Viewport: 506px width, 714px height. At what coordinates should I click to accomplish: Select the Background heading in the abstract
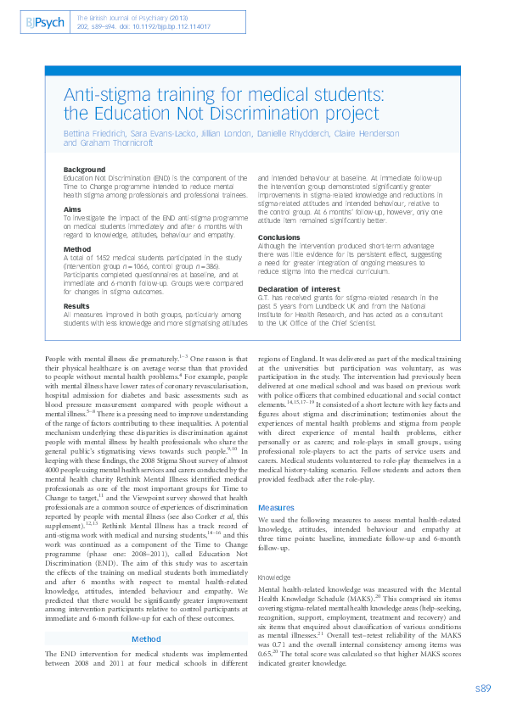pos(85,170)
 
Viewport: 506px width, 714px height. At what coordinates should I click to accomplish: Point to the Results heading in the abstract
pos(77,306)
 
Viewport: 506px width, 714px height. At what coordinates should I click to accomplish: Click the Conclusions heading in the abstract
pos(279,237)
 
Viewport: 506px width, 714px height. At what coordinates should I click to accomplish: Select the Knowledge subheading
pos(275,553)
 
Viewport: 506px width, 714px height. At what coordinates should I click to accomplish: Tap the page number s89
pos(483,688)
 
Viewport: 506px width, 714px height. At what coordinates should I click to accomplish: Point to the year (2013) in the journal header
pos(192,16)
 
